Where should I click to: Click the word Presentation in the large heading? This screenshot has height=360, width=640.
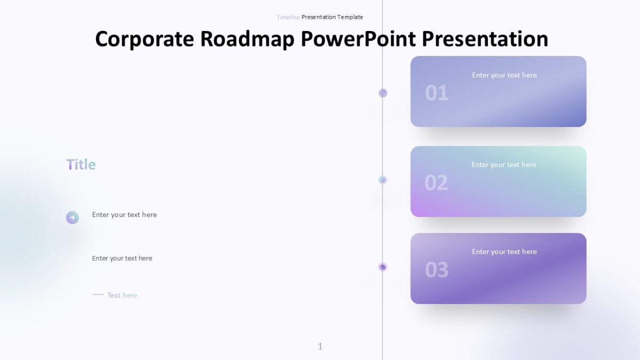tap(485, 39)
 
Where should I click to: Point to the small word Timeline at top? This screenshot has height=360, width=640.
tap(288, 17)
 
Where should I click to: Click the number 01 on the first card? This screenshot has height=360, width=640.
tap(436, 93)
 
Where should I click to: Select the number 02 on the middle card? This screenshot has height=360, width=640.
tap(436, 183)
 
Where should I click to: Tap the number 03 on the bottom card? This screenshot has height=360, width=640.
tap(436, 270)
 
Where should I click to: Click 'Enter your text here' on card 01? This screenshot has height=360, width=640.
tap(504, 75)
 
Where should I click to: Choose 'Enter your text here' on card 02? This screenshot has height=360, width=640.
tap(503, 165)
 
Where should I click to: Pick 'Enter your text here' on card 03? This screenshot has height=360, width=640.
tap(504, 252)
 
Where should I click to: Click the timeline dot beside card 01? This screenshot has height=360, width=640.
tap(383, 93)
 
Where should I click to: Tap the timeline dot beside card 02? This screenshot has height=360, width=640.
tap(382, 180)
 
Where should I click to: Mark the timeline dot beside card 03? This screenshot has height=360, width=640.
tap(382, 267)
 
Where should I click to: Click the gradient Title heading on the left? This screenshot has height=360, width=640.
tap(81, 164)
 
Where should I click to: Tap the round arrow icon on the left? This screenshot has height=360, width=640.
tap(73, 218)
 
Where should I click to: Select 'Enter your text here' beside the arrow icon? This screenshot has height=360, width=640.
tap(124, 215)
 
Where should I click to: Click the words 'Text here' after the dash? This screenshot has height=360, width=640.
tap(122, 295)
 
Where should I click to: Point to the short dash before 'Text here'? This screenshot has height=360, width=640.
tap(98, 294)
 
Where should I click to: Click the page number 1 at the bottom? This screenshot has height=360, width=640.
tap(320, 347)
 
